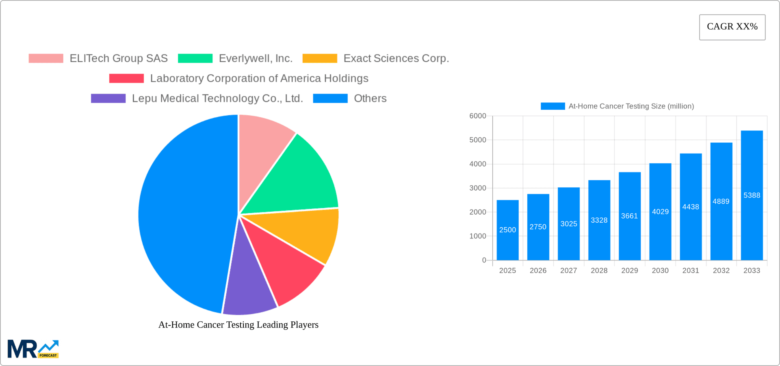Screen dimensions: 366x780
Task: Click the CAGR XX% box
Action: click(x=732, y=27)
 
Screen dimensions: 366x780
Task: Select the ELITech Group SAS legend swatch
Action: click(x=46, y=58)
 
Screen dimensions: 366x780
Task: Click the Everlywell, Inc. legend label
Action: click(x=256, y=58)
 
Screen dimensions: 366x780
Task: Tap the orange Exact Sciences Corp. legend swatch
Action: click(x=320, y=58)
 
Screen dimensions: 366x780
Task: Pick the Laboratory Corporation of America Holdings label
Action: click(x=259, y=78)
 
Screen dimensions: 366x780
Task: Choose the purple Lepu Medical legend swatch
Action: click(x=108, y=98)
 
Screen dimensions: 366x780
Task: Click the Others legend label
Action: click(x=370, y=98)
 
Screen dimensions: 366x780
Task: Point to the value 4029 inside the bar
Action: click(x=660, y=212)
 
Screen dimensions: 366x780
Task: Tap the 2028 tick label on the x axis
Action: click(x=599, y=271)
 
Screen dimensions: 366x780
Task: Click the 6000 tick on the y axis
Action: click(x=478, y=116)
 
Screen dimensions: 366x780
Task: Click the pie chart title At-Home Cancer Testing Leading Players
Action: click(x=238, y=325)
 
